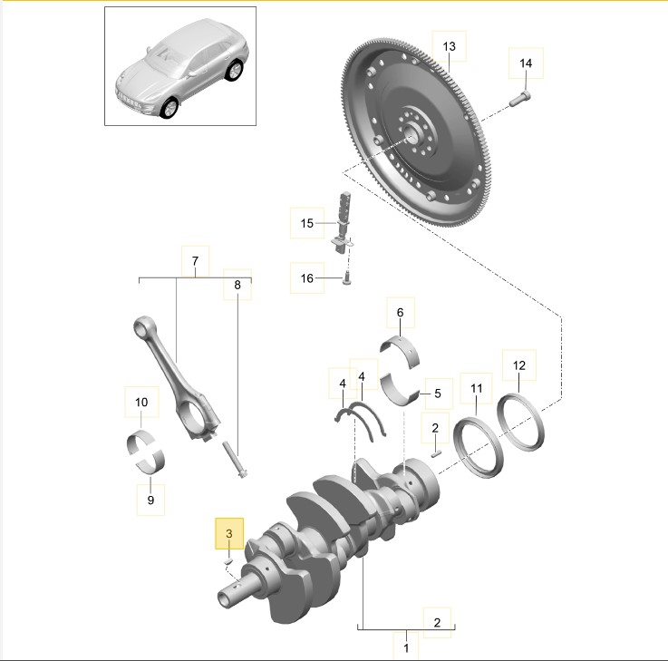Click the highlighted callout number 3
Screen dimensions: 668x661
click(x=229, y=533)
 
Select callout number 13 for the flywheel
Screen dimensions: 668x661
click(x=449, y=46)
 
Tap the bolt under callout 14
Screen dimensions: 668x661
click(x=519, y=99)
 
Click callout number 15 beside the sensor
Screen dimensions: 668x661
click(x=306, y=223)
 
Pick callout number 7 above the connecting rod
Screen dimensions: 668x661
click(x=195, y=261)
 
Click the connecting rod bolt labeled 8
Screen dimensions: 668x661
click(x=235, y=460)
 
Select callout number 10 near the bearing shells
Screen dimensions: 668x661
click(x=141, y=402)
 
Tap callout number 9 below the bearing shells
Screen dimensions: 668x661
click(x=150, y=500)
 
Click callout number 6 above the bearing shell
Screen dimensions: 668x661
click(x=400, y=313)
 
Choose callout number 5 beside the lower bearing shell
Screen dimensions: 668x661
click(x=438, y=394)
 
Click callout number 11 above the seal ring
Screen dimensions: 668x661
click(x=476, y=388)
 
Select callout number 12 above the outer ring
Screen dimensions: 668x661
click(x=519, y=365)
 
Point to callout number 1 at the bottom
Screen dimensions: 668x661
click(x=406, y=647)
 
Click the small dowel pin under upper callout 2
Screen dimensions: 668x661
click(x=435, y=454)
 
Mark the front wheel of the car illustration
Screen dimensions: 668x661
click(x=169, y=107)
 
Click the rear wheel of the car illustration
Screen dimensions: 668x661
click(x=235, y=71)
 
